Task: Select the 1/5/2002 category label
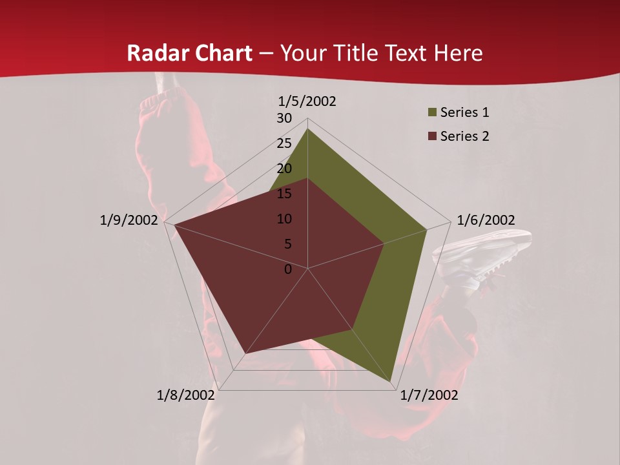click(307, 101)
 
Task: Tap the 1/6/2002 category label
click(486, 220)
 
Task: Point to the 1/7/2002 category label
click(429, 395)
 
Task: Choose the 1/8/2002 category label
click(186, 395)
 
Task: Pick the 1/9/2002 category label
click(129, 220)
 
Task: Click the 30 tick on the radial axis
click(284, 118)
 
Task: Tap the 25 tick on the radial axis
click(284, 143)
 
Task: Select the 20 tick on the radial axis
click(284, 169)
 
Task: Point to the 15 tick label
click(284, 194)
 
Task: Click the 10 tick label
click(284, 219)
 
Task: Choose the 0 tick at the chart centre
click(288, 269)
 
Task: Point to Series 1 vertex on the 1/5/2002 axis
click(307, 129)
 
